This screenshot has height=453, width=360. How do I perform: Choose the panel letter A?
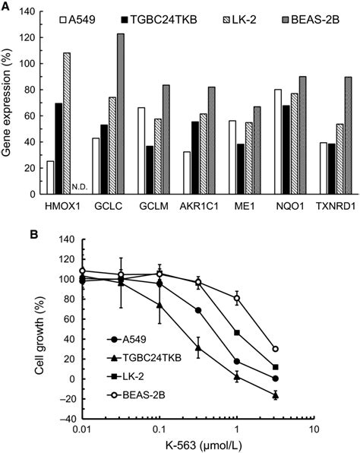6,7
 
